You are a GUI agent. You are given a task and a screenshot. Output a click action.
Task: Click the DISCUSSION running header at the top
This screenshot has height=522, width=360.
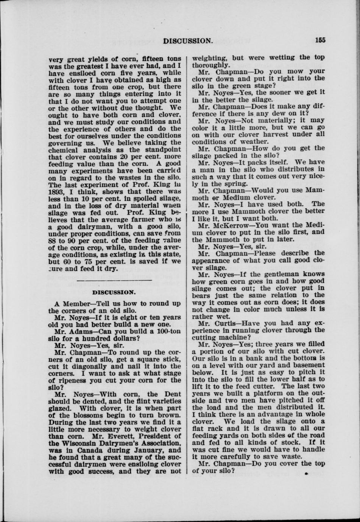pos(187,40)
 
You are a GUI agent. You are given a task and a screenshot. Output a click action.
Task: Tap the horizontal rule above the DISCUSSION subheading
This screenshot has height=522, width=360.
pos(114,280)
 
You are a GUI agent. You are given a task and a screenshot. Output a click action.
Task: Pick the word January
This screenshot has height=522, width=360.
pos(144,450)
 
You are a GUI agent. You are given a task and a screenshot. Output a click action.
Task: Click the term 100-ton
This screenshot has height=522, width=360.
pos(166,331)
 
